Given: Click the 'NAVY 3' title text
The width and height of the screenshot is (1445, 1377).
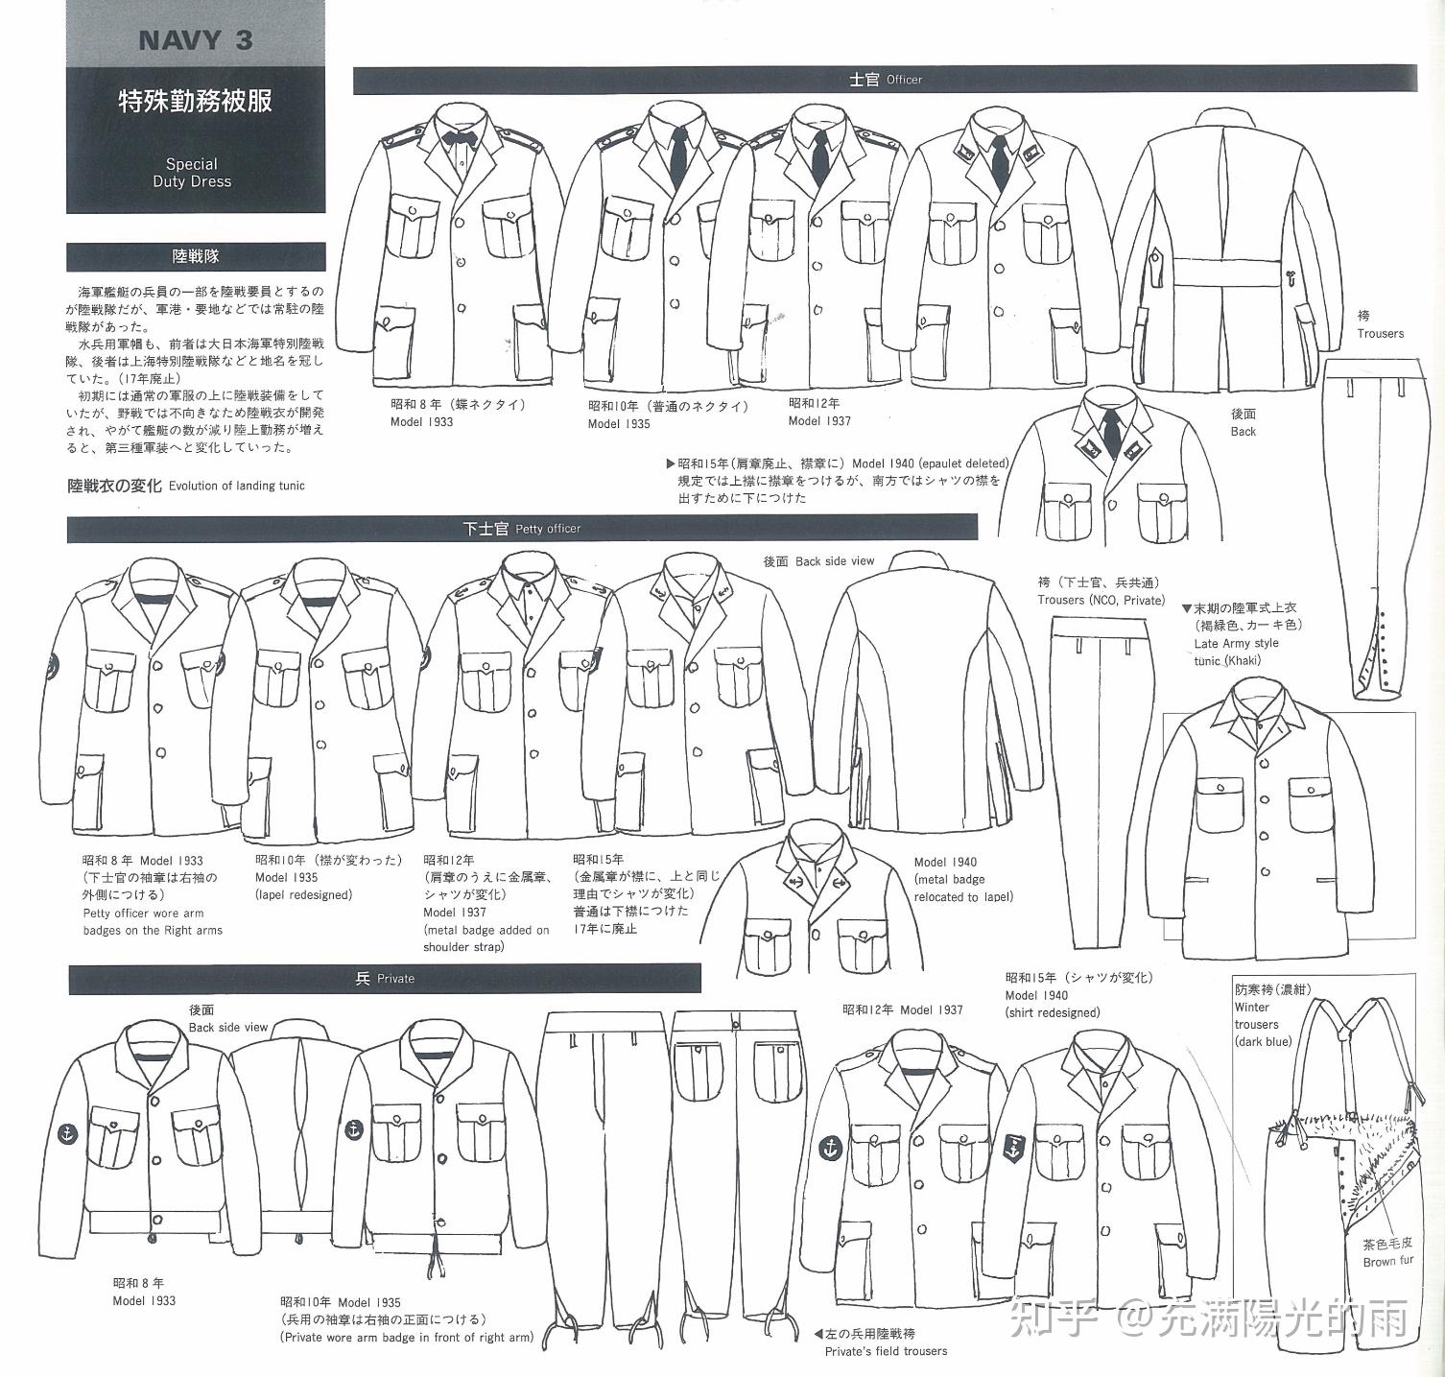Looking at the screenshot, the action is click(195, 40).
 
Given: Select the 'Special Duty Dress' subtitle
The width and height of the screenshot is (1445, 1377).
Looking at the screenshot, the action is click(192, 173).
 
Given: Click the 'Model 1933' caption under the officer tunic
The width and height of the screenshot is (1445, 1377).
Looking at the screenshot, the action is click(422, 422).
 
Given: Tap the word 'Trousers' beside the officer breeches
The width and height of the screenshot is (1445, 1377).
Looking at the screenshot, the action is click(1380, 334).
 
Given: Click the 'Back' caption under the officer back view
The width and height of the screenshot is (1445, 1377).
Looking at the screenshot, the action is click(1243, 432).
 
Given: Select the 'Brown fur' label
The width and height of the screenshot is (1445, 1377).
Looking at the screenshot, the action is click(1387, 1262).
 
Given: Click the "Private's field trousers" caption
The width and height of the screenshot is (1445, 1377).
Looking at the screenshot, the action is click(886, 1351).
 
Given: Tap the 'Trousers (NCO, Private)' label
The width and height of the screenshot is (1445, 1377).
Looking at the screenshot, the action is click(1101, 600).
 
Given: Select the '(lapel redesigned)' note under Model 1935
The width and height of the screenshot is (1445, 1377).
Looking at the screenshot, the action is click(303, 895).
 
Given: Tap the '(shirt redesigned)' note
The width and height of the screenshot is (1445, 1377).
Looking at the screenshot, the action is click(1053, 1012).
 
